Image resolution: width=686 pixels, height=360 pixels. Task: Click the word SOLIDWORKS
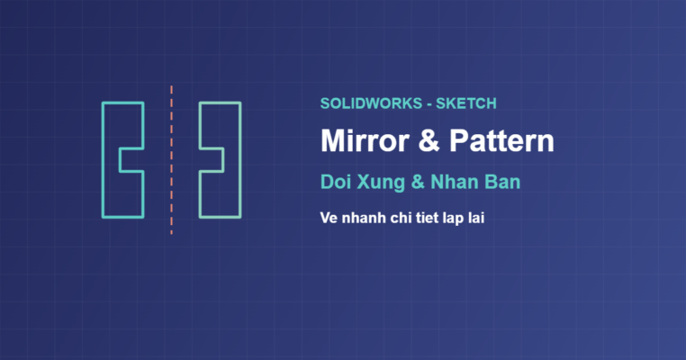[371, 103]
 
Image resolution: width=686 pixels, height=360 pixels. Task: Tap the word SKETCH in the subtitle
[466, 103]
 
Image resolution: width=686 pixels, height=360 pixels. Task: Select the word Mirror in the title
[365, 141]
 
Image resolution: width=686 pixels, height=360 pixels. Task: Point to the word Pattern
[501, 141]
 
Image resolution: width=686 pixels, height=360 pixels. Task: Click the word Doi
[336, 182]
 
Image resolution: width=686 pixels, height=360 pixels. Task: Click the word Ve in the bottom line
[329, 218]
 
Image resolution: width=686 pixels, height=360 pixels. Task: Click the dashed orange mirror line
[171, 160]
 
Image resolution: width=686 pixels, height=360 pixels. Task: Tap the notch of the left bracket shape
[120, 160]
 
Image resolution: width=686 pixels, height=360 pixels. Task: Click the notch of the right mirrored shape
[223, 160]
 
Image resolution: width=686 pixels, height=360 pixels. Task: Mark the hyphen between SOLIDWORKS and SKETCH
[429, 105]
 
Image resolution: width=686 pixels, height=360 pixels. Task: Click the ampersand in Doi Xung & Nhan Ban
[418, 182]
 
